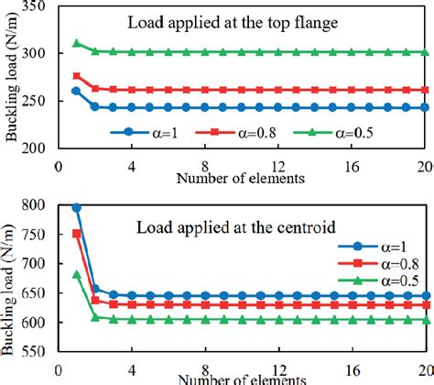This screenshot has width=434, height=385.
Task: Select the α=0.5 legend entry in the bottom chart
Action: (x=379, y=280)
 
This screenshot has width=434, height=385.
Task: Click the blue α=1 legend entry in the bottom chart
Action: (x=374, y=247)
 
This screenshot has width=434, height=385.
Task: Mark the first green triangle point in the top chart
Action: (x=77, y=43)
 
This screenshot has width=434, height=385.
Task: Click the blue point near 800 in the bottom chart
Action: (x=77, y=208)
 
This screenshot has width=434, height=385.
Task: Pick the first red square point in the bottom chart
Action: (x=77, y=234)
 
